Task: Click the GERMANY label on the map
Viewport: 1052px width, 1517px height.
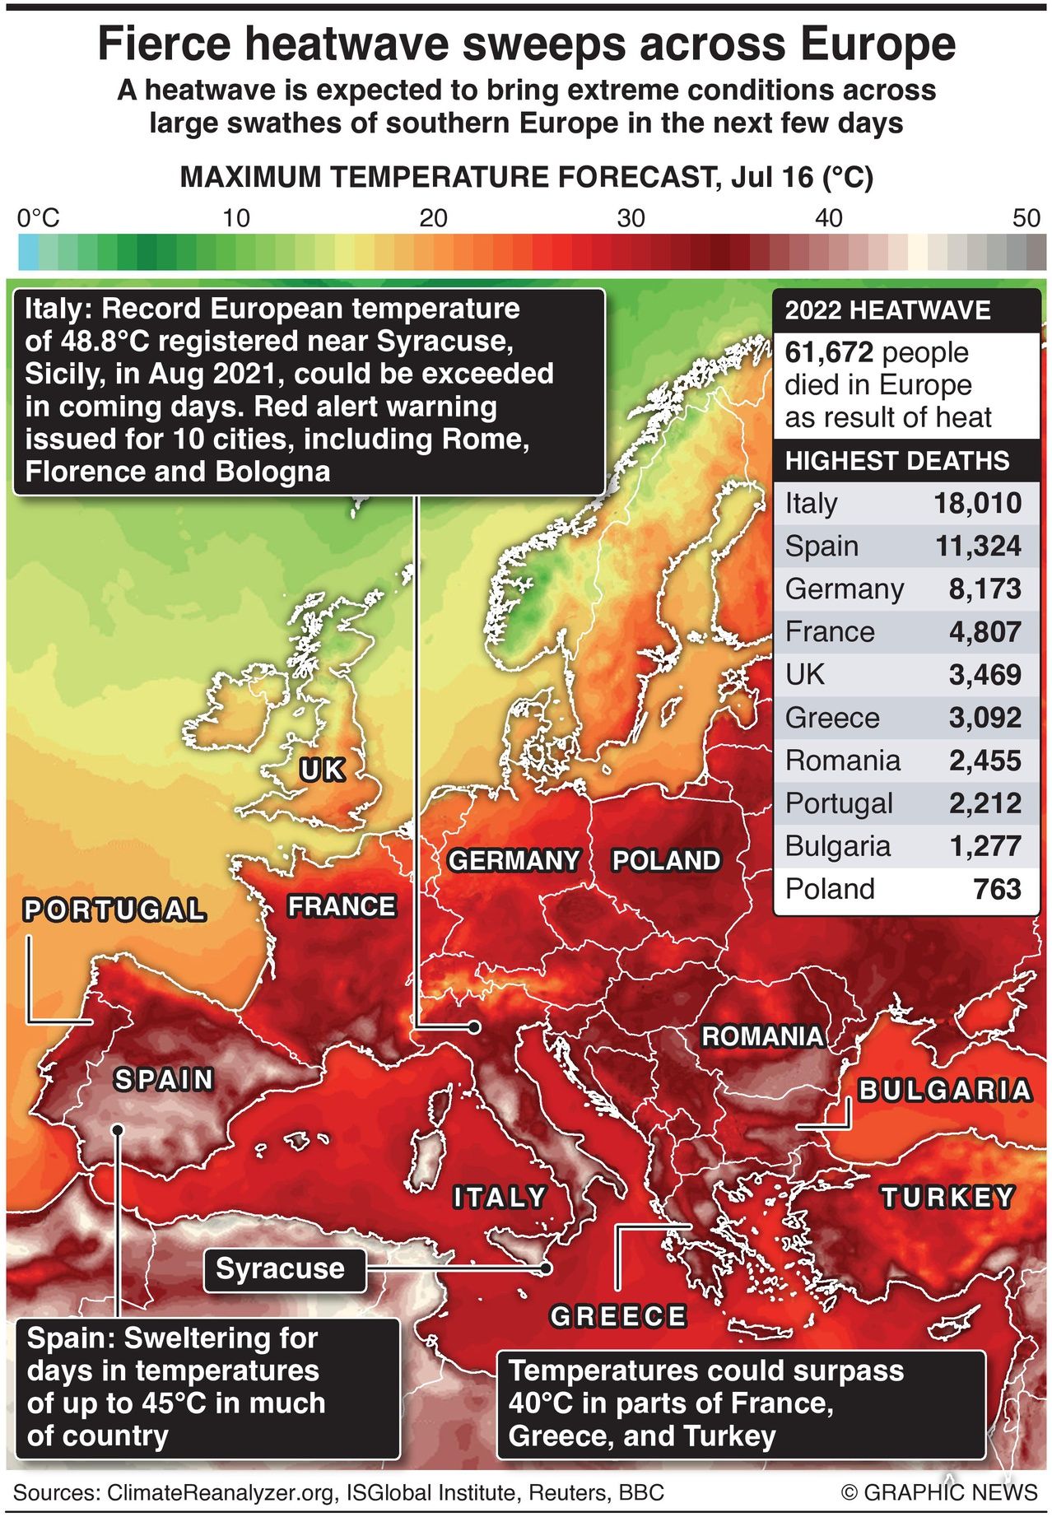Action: (x=514, y=861)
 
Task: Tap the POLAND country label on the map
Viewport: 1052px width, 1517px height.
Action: (x=666, y=861)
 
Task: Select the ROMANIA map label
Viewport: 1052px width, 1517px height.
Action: (x=762, y=1036)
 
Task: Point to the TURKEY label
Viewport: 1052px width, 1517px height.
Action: (x=947, y=1197)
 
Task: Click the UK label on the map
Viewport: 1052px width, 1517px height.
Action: (x=322, y=770)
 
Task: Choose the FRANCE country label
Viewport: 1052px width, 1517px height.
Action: (x=342, y=906)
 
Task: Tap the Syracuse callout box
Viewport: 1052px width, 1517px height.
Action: (x=281, y=1268)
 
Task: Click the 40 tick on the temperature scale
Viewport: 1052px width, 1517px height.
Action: (x=828, y=218)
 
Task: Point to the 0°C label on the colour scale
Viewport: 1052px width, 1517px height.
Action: (x=38, y=218)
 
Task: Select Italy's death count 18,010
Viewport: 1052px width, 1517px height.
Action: (x=977, y=503)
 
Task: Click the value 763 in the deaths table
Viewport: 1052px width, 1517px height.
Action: (x=997, y=889)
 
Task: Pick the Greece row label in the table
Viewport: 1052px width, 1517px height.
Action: (x=831, y=718)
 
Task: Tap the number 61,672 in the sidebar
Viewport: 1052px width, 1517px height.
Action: (x=828, y=352)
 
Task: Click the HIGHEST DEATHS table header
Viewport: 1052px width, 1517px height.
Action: (x=896, y=460)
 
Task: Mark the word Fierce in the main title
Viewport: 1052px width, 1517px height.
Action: (x=165, y=44)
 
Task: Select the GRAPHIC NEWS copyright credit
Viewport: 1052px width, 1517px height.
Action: (x=939, y=1492)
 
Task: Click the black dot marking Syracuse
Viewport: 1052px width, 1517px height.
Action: (x=545, y=1268)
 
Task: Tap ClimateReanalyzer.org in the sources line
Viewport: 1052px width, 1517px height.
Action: (x=221, y=1492)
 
